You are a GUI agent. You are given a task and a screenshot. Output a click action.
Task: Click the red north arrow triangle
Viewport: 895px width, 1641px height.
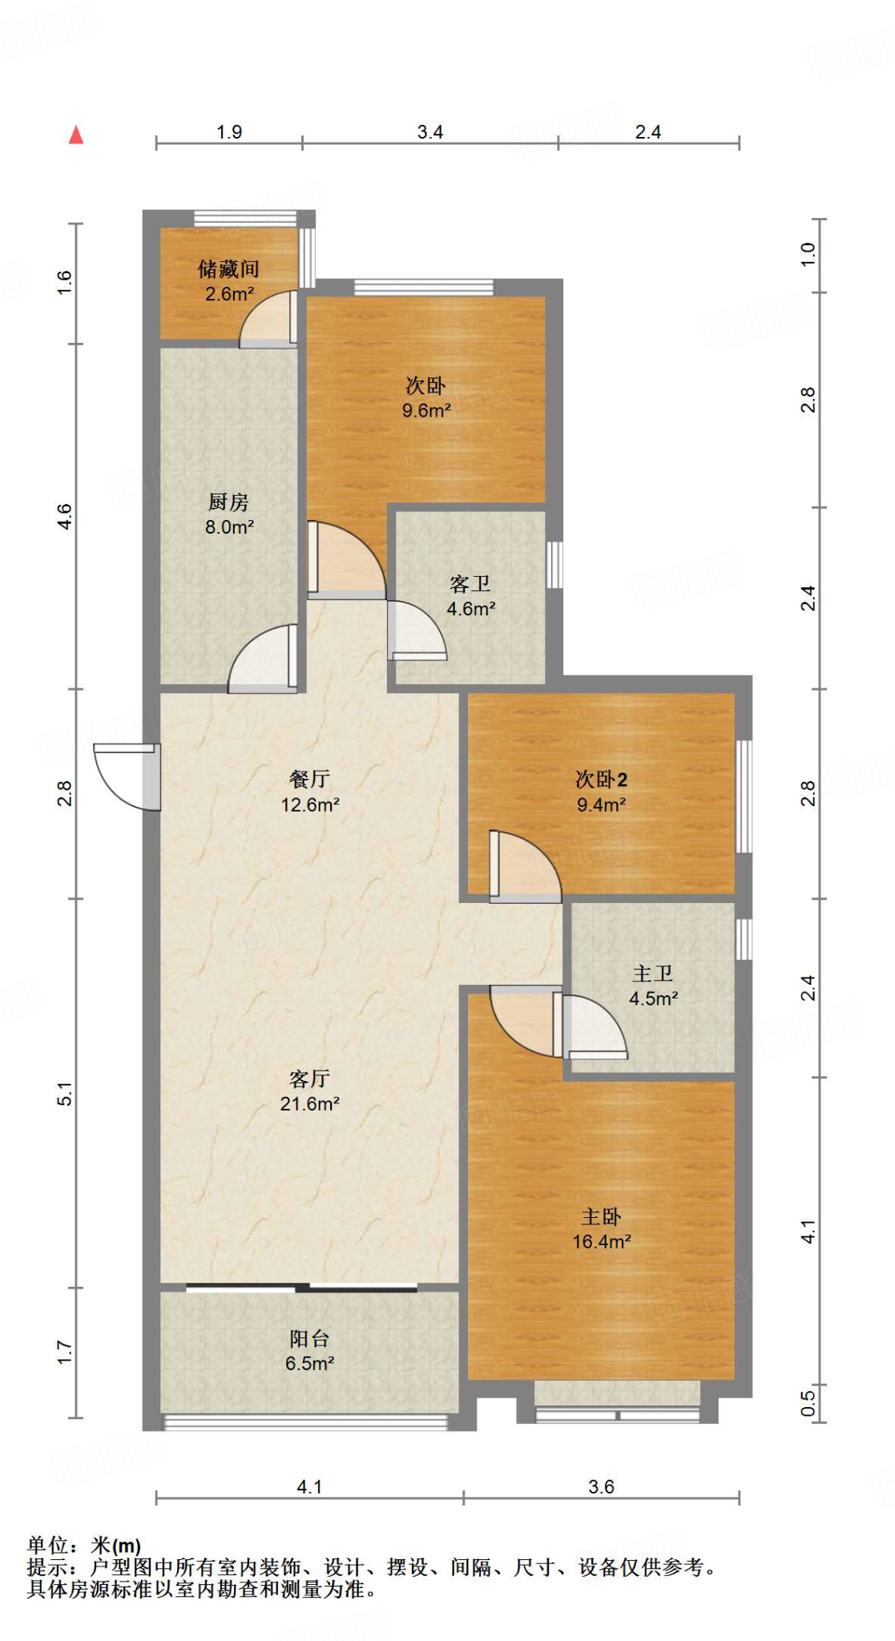(x=76, y=135)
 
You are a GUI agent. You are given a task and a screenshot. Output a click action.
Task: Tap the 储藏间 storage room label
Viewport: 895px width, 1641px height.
(x=228, y=269)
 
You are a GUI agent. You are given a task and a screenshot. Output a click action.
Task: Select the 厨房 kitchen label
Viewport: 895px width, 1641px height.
(x=228, y=502)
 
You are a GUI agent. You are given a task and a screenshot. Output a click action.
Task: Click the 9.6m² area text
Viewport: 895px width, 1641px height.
(x=426, y=411)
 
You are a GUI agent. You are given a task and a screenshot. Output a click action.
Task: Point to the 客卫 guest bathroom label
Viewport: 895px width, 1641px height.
(x=470, y=584)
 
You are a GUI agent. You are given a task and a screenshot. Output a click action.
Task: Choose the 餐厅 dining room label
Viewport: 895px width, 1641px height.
(x=309, y=779)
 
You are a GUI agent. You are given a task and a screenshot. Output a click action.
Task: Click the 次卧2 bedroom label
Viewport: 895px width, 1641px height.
(x=601, y=779)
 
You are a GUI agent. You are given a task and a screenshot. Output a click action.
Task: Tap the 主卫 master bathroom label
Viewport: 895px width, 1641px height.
(x=653, y=974)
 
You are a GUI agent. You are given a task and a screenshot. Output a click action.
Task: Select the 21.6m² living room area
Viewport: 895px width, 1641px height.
(x=310, y=1104)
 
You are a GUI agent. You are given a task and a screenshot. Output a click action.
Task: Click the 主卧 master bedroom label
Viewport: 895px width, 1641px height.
(x=601, y=1217)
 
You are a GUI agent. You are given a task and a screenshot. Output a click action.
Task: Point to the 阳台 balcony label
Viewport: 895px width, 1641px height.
(x=309, y=1338)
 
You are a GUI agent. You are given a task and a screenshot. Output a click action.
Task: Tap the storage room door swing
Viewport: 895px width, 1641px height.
(x=268, y=319)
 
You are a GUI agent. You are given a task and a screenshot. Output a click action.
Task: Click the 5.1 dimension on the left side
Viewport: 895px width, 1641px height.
(x=64, y=1094)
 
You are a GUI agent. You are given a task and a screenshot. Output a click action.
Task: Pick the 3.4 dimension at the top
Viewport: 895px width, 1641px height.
(x=430, y=132)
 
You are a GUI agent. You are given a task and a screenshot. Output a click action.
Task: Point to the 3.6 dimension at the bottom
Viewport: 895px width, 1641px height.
(x=601, y=1487)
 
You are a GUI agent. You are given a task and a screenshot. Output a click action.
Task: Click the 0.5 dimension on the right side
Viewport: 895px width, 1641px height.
(x=808, y=1403)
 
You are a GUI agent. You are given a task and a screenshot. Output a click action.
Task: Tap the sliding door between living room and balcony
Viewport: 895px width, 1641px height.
(x=301, y=1288)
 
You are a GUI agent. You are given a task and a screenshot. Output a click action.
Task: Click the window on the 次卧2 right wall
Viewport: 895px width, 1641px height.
(x=744, y=796)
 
